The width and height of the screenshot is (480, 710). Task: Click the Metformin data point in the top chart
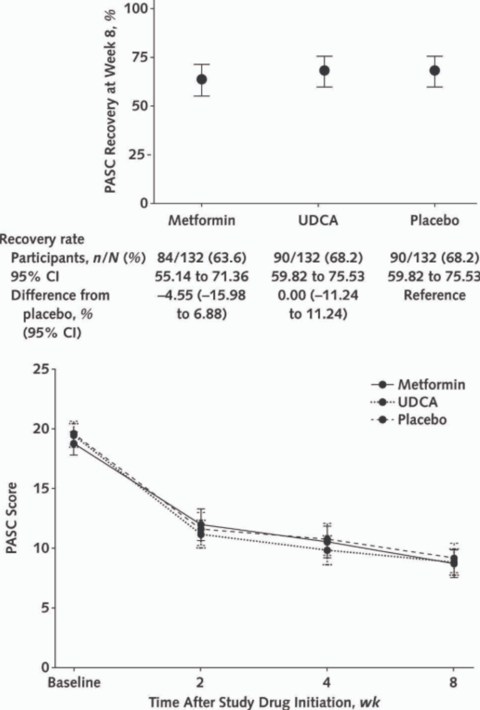202,79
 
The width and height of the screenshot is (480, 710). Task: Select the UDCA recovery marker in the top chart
324,71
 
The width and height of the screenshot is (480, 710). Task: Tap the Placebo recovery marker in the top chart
435,71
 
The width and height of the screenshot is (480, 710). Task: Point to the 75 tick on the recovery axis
139,57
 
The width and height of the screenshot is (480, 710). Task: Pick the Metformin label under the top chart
202,220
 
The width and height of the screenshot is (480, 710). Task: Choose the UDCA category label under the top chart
318,220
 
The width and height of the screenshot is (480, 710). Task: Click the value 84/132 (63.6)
202,258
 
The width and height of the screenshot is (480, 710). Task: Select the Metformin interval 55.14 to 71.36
202,276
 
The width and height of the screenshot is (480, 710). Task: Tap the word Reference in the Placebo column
435,295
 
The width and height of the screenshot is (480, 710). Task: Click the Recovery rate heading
42,239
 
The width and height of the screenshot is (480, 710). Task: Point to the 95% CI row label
35,276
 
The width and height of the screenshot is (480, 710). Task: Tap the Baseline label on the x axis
74,682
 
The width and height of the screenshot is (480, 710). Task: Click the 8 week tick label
453,682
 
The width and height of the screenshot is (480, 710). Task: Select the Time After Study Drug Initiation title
264,702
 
